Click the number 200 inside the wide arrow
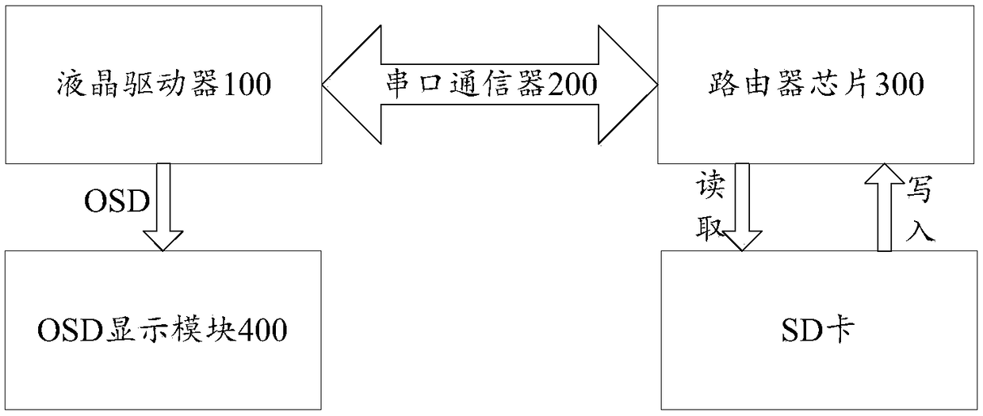pyautogui.click(x=568, y=84)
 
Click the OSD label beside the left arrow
pyautogui.click(x=117, y=202)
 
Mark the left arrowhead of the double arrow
pyautogui.click(x=341, y=83)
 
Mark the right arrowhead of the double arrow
pyautogui.click(x=639, y=83)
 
